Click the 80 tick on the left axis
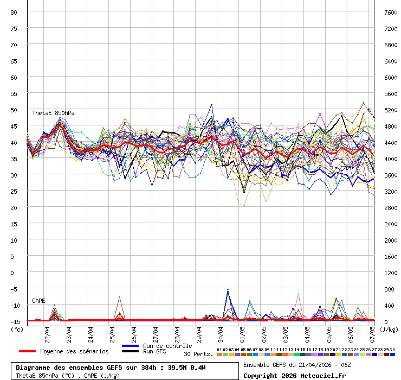(14, 12)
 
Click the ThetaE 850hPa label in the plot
(53, 113)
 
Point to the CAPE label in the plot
(38, 300)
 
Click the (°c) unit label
(17, 329)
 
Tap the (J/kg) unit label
(389, 329)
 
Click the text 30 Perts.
(198, 354)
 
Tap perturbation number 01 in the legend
(219, 350)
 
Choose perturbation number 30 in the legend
(392, 350)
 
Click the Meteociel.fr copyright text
(295, 375)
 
